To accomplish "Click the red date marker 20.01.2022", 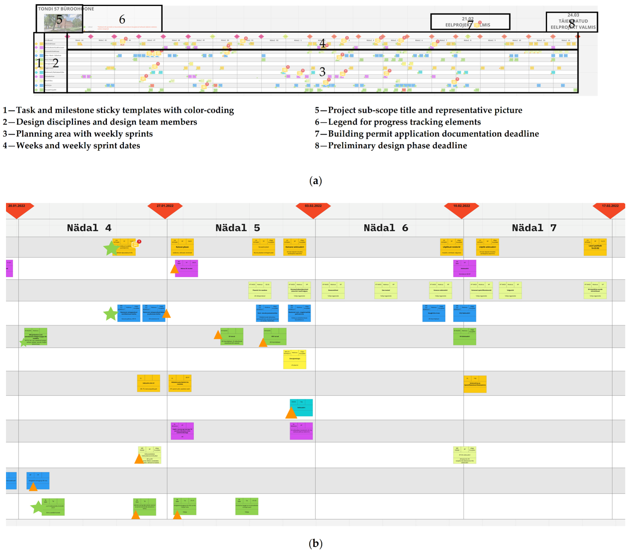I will tap(17, 207).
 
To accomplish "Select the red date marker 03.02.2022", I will tap(313, 207).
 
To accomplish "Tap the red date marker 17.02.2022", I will tap(610, 207).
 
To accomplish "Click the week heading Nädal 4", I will tap(89, 228).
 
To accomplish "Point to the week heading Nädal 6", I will tap(386, 228).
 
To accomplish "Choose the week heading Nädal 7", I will tap(534, 228).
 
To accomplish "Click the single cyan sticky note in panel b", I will tap(301, 407).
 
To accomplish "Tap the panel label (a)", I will tap(315, 181).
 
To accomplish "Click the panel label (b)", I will tap(315, 543).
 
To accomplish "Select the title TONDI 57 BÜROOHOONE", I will tap(66, 9).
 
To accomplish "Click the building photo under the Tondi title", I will tap(63, 23).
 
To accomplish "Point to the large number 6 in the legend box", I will tap(122, 20).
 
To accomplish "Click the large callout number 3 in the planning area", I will tap(322, 72).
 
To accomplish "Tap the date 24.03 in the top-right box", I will tap(573, 15).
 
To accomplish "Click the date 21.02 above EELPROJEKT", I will tap(467, 19).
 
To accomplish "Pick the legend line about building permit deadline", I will tap(427, 134).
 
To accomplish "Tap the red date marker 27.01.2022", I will tap(165, 207).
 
